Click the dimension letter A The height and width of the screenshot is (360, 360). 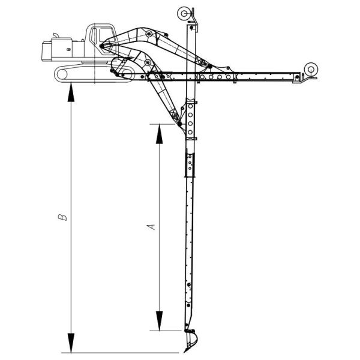click(152, 226)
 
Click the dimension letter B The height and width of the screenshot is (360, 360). click(62, 217)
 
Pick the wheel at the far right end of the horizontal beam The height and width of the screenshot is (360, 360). click(311, 69)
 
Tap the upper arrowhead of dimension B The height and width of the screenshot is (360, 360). click(71, 93)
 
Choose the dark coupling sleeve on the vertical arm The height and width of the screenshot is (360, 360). click(190, 165)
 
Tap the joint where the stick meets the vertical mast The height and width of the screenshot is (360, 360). click(179, 124)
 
